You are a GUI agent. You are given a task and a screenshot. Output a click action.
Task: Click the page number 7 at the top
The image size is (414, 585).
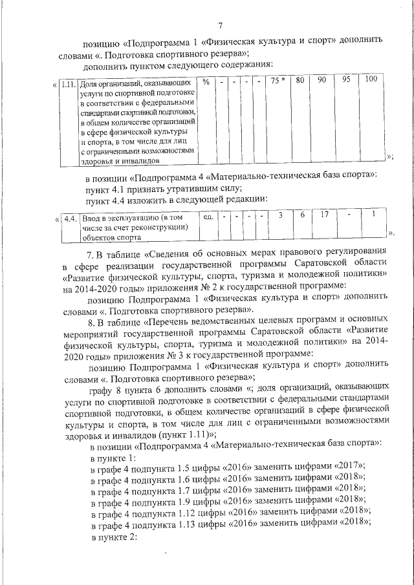click(x=220, y=25)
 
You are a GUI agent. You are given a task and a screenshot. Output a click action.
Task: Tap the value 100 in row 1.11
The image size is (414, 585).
click(x=371, y=80)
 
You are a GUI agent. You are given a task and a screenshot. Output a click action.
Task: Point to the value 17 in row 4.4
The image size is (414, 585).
click(x=325, y=215)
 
